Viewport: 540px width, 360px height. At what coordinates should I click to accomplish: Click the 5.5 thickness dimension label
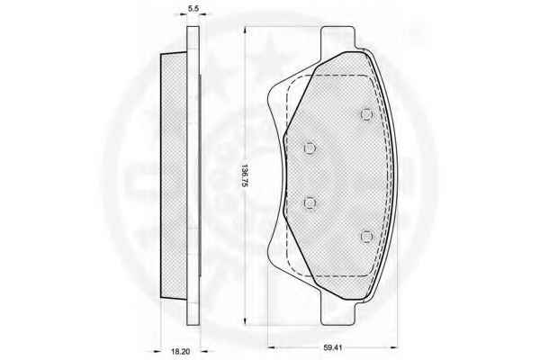click(x=193, y=9)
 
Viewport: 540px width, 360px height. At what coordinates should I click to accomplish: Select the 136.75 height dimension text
click(x=245, y=175)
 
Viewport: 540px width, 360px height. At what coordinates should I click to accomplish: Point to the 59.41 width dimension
click(x=332, y=348)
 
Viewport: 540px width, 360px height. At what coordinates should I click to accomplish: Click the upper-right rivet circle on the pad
click(x=367, y=114)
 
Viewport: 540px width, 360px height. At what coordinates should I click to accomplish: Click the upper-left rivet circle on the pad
click(x=310, y=148)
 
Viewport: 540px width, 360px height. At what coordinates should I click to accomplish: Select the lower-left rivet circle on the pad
click(x=310, y=202)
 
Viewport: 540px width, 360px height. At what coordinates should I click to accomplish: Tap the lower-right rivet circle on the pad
click(x=367, y=237)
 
